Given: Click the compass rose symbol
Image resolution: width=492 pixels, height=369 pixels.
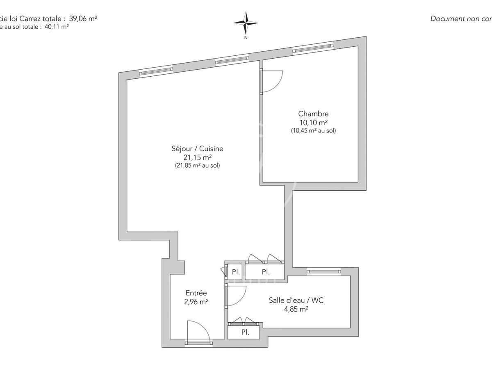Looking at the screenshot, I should [246, 23].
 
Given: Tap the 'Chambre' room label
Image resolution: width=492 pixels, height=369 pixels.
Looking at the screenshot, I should [313, 114].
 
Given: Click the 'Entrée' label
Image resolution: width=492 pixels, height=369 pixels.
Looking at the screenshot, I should [196, 293].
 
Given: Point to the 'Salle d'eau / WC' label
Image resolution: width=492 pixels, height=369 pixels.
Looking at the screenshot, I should [296, 301].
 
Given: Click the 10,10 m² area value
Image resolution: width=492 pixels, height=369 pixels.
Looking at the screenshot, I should [313, 122].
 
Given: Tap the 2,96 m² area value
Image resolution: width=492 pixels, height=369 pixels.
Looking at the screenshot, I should [196, 302].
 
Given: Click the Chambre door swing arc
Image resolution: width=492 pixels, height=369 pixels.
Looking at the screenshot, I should [273, 81].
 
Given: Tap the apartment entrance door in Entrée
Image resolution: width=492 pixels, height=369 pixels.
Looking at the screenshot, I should [198, 332].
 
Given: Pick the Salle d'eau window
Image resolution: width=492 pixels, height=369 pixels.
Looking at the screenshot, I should [324, 271].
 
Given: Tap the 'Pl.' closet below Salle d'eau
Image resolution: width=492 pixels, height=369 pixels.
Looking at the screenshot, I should [245, 332].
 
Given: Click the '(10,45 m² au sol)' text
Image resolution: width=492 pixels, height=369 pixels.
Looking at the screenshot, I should [313, 131].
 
